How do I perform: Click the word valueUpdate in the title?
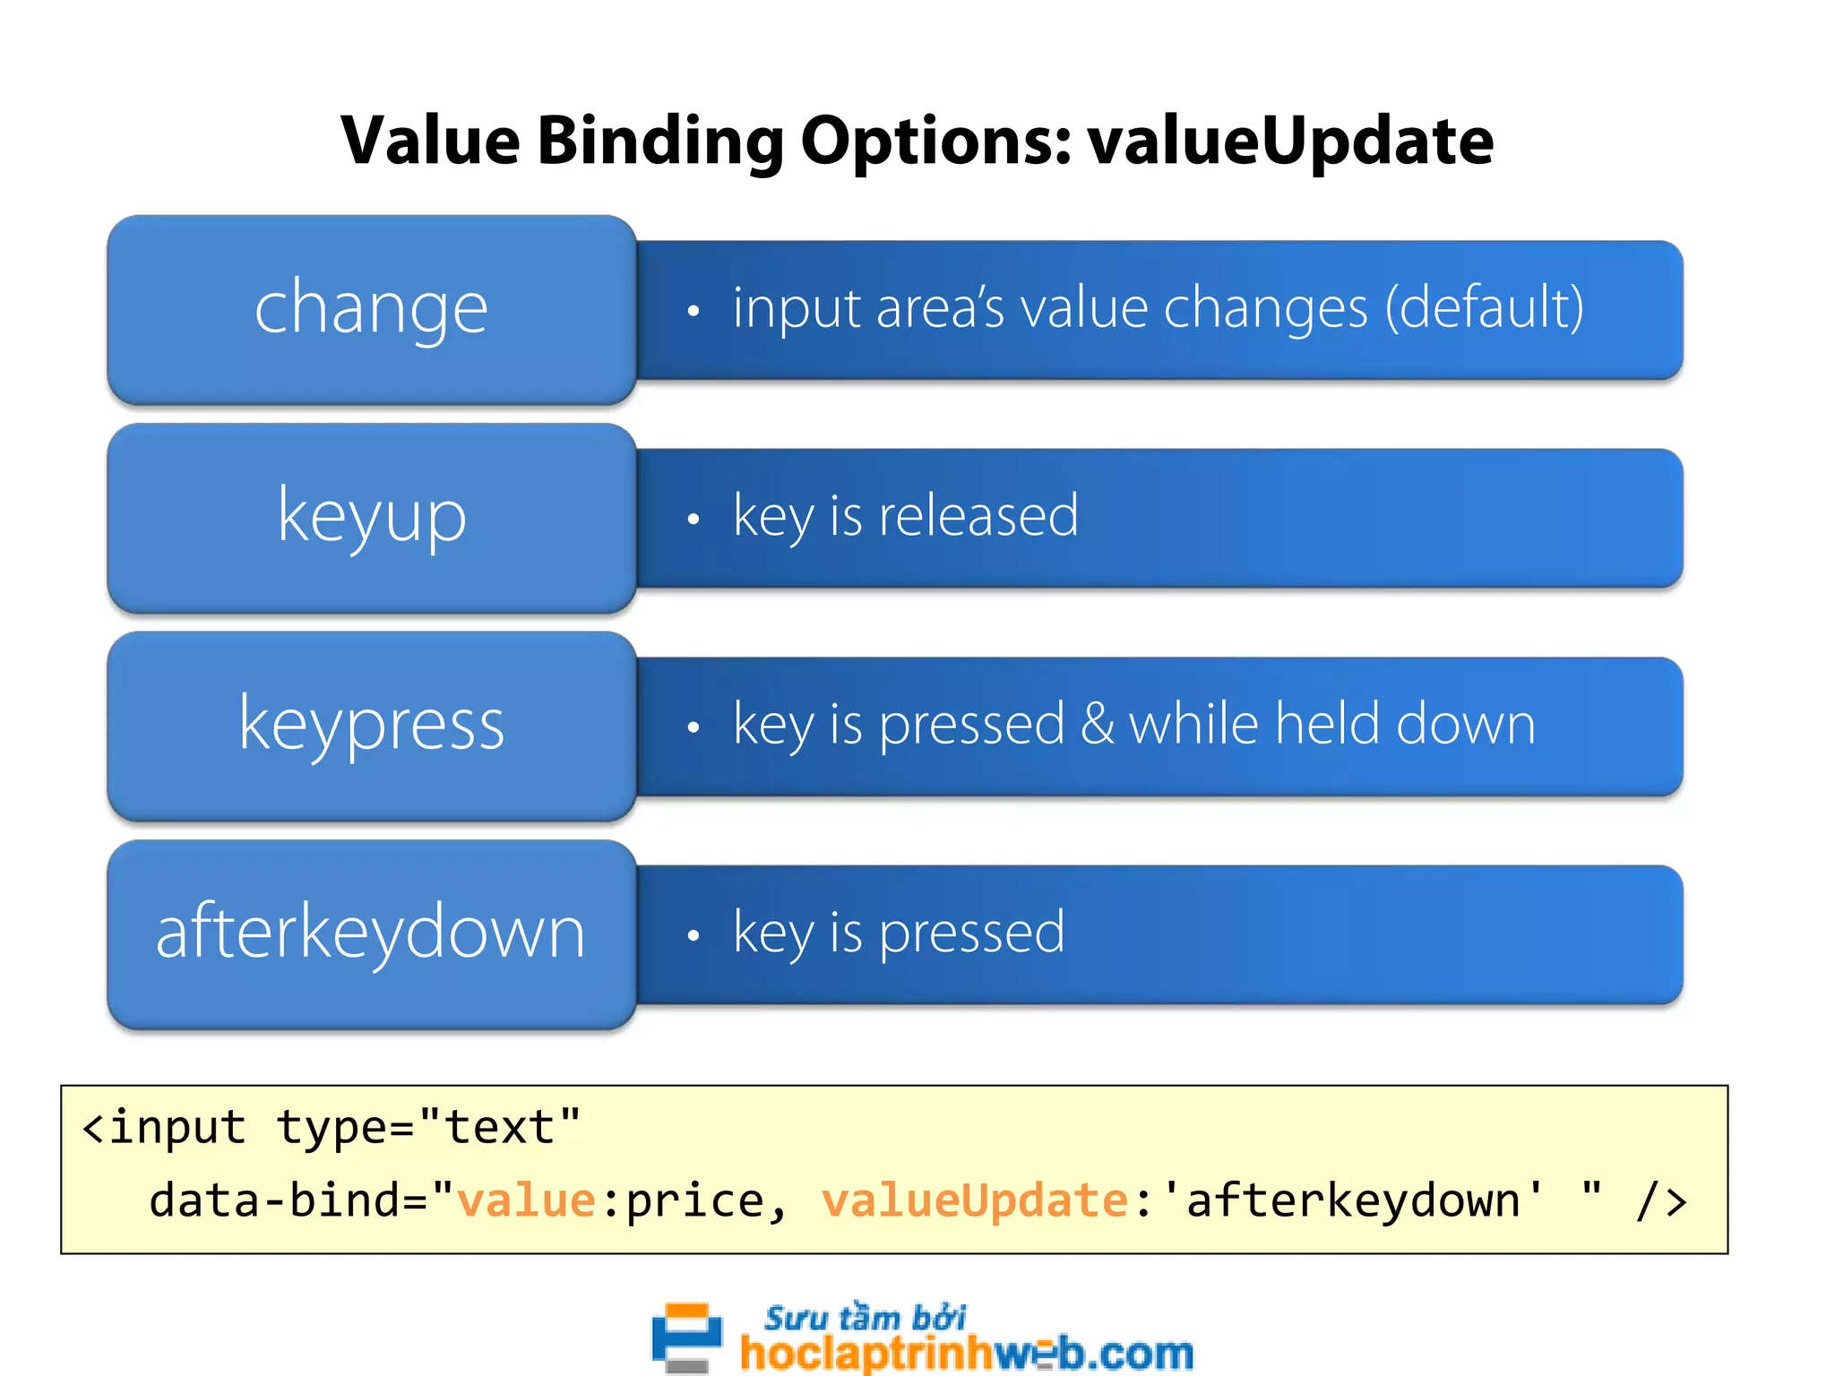pos(1290,142)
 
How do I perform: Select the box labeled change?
pos(372,309)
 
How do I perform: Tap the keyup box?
pos(372,518)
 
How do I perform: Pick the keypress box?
pos(372,726)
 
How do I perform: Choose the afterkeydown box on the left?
pos(372,933)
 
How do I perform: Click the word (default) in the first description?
pos(1485,308)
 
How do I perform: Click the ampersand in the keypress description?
pos(1097,724)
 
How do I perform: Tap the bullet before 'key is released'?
pos(693,520)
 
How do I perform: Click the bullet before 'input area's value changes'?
pos(693,312)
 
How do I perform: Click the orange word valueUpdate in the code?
pos(974,1200)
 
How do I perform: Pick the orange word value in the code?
pos(526,1200)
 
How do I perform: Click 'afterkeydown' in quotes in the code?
pos(1353,1200)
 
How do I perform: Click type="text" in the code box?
pos(428,1127)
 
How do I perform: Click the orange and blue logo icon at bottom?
pos(686,1337)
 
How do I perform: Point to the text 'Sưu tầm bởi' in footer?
pos(865,1318)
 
